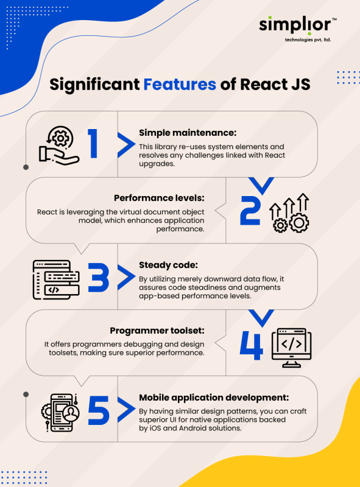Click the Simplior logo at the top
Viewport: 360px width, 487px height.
297,29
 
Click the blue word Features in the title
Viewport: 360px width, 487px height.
180,84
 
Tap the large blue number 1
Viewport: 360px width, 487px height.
93,144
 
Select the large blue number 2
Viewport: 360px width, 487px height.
250,211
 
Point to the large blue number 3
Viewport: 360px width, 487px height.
99,278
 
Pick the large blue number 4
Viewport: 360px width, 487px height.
251,345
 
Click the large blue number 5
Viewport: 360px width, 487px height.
99,410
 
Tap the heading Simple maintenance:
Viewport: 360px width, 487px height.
188,133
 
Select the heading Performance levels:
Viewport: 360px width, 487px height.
159,198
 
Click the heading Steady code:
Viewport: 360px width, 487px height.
168,265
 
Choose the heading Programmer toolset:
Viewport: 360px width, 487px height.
157,331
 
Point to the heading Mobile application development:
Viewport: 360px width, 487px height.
214,398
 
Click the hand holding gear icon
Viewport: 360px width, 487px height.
59,145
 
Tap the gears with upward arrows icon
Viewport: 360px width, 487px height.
289,213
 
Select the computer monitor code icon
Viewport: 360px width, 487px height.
291,348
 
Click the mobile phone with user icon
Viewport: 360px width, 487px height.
60,413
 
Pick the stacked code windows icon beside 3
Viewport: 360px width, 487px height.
56,280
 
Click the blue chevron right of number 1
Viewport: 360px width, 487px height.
126,145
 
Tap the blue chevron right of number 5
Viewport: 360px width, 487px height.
126,410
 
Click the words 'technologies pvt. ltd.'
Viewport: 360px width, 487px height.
308,40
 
